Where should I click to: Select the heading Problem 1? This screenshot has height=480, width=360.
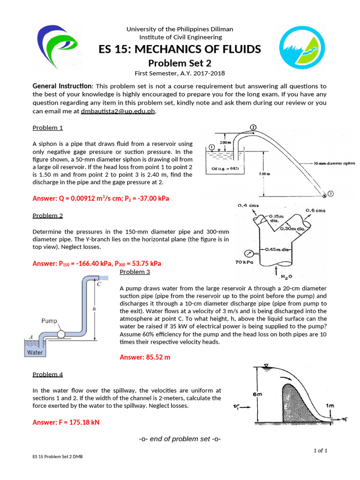point(47,127)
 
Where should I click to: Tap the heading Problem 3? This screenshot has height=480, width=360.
point(135,271)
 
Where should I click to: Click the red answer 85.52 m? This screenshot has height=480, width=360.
point(145,357)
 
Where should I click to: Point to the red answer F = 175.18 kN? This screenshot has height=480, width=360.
point(66,422)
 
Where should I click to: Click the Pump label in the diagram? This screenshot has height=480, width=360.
point(49,321)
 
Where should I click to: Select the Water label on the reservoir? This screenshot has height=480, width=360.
point(35,352)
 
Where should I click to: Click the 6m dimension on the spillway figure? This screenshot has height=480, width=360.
point(257,395)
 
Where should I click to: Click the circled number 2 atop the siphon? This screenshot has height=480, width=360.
point(253,127)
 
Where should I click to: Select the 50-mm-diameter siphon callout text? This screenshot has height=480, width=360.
point(334,164)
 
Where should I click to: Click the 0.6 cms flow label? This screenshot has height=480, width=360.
point(315,210)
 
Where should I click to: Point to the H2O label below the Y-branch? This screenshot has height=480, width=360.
point(286,277)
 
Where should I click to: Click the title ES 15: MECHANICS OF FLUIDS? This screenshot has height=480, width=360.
point(180,50)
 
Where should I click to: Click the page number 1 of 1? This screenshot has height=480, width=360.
point(320,450)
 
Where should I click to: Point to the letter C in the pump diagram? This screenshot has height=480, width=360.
point(99,284)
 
